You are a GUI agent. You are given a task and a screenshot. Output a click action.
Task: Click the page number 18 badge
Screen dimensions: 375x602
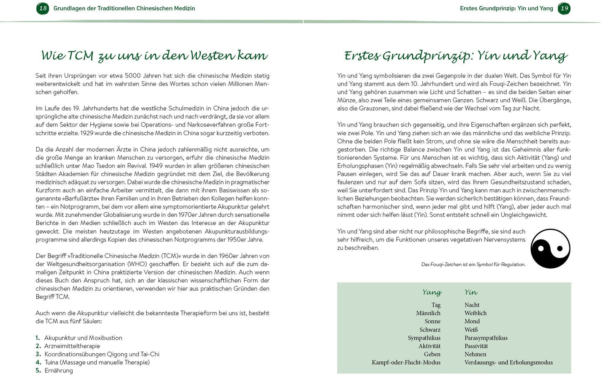click(42, 8)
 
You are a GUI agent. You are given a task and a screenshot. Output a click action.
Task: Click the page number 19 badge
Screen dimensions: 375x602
click(564, 8)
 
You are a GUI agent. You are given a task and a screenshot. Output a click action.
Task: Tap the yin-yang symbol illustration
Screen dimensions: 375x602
click(550, 249)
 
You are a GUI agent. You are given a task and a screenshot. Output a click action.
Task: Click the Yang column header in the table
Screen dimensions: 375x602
click(432, 292)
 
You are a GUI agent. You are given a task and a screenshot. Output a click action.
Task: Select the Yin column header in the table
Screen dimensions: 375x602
click(471, 292)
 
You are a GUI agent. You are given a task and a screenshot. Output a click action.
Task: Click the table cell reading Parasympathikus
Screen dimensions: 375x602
click(486, 338)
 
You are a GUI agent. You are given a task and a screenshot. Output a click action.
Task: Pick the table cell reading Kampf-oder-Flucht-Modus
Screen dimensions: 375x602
click(406, 362)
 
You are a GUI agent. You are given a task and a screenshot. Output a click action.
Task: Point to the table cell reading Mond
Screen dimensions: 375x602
click(472, 321)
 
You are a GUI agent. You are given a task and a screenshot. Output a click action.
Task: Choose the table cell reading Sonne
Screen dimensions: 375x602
click(432, 321)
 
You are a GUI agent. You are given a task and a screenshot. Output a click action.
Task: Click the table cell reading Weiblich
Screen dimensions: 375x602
click(475, 313)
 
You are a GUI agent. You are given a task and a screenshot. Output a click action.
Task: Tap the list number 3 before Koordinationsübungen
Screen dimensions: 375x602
click(38, 354)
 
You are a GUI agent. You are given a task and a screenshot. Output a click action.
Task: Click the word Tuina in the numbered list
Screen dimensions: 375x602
click(51, 362)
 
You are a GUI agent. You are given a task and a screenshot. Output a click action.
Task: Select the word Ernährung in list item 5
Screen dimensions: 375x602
click(59, 370)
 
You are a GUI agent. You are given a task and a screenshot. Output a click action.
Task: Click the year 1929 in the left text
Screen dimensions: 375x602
click(87, 133)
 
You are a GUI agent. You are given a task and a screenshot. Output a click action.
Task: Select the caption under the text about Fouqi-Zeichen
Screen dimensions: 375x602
click(473, 264)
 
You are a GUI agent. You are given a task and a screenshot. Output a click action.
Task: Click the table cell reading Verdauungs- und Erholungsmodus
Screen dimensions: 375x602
click(508, 362)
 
